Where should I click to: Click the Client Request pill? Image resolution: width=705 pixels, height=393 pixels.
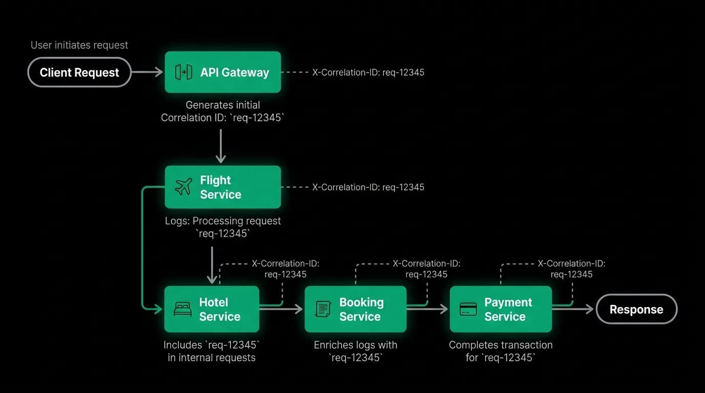click(79, 72)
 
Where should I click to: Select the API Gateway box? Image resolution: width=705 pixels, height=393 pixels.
click(223, 72)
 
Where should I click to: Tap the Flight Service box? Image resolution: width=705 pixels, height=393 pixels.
click(223, 187)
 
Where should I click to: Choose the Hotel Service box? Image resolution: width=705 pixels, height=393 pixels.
click(212, 309)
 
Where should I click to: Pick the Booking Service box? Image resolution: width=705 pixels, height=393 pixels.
click(356, 309)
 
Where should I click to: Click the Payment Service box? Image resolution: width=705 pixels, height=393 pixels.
click(501, 309)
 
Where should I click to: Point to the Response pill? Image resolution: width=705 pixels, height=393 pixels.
click(636, 309)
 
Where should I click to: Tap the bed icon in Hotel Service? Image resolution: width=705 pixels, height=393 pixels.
click(182, 309)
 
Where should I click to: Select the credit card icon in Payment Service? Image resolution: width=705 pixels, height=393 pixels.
click(468, 309)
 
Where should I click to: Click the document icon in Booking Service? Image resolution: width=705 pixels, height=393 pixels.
click(323, 309)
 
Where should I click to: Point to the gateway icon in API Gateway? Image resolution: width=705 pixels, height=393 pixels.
click(183, 72)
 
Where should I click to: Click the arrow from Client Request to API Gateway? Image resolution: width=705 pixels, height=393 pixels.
click(147, 72)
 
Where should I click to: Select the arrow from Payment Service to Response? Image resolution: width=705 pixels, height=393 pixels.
click(573, 309)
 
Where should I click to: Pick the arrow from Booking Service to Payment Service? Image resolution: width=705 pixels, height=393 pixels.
click(427, 309)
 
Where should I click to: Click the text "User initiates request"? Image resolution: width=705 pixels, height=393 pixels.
click(79, 45)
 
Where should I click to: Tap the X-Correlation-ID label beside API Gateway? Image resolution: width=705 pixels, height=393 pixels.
click(368, 72)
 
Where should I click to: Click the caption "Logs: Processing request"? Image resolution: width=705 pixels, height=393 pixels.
click(223, 221)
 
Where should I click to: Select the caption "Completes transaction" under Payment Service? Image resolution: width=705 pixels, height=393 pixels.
click(501, 345)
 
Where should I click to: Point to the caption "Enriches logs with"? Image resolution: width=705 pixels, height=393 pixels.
click(356, 345)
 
